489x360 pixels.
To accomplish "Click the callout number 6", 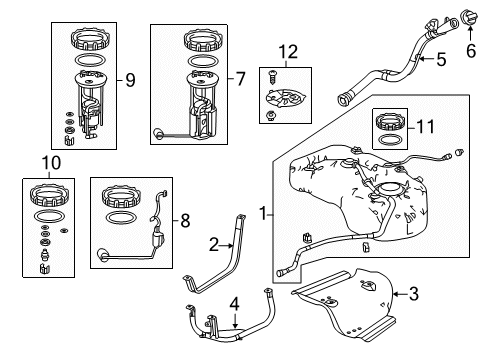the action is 470,51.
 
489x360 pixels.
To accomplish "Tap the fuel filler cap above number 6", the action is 469,17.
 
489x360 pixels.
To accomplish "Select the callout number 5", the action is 441,59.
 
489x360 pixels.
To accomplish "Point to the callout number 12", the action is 288,52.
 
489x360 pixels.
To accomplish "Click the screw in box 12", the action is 273,77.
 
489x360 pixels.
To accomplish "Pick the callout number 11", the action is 426,127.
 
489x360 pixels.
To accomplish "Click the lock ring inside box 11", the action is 389,122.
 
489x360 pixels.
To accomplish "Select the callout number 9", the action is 130,80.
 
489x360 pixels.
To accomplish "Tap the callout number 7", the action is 241,79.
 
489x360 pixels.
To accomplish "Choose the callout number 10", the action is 51,163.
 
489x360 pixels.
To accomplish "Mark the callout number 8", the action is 185,221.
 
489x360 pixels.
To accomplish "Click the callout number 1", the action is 263,213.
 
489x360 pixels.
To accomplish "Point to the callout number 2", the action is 214,245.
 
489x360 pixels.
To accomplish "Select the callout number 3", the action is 413,294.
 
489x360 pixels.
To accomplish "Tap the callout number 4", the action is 235,305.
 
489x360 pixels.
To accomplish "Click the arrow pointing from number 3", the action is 399,294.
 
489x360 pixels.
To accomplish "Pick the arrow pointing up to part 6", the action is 470,33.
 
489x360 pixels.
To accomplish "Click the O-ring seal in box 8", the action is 121,217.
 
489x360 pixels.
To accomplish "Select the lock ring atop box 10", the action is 49,196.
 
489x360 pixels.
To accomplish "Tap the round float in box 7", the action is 157,134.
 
